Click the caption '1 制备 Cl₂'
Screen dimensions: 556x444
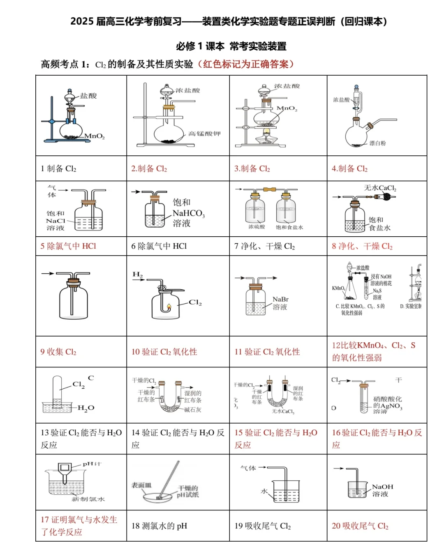(x=58, y=169)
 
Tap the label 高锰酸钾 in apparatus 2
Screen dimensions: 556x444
(x=204, y=134)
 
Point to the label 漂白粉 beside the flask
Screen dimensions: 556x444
(x=377, y=143)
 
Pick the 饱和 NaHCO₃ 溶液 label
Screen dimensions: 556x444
(x=187, y=213)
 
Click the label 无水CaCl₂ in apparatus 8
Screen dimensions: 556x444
(x=380, y=188)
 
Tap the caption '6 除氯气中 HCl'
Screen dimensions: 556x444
(x=159, y=246)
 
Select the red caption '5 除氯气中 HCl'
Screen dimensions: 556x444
(x=68, y=246)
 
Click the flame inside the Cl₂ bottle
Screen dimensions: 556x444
(x=169, y=307)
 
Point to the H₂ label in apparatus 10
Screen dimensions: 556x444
(x=137, y=274)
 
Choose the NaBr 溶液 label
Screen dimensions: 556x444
(x=280, y=303)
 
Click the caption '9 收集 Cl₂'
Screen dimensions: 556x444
(x=58, y=352)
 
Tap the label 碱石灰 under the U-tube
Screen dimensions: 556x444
(x=192, y=410)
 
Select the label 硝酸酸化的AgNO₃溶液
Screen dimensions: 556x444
(x=387, y=405)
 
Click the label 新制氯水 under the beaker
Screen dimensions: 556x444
(x=88, y=499)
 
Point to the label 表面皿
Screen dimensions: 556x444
(x=141, y=485)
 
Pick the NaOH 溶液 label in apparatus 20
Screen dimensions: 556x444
(x=382, y=490)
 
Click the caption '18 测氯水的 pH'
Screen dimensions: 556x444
(x=159, y=526)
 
